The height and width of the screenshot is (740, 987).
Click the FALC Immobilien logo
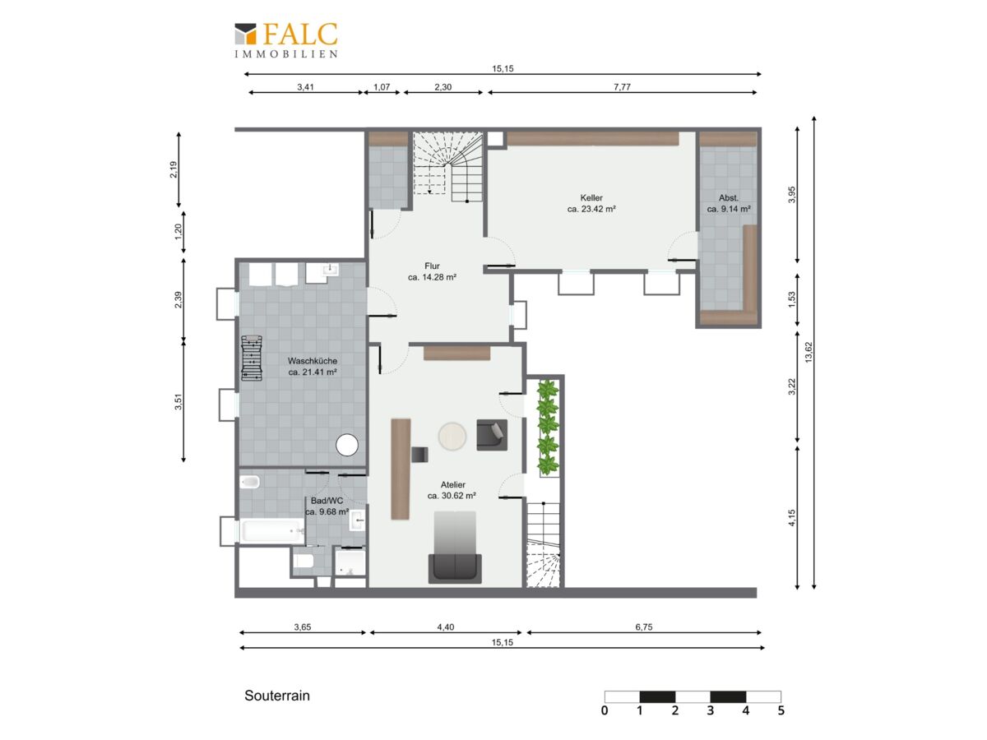[x=285, y=40]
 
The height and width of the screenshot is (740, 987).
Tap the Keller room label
[x=591, y=203]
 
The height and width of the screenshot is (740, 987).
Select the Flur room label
[x=432, y=271]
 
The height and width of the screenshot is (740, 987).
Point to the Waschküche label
[x=312, y=366]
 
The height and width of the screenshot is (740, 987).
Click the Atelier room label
[x=452, y=490]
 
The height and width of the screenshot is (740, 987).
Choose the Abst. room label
[x=729, y=203]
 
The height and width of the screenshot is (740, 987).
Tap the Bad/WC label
[x=327, y=506]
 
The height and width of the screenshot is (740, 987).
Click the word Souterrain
[x=277, y=696]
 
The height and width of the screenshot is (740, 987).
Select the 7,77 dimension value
[x=622, y=86]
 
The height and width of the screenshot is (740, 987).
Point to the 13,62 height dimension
[x=809, y=352]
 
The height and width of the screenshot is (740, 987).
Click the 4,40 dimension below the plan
[x=445, y=627]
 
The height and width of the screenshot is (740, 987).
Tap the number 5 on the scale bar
[x=781, y=710]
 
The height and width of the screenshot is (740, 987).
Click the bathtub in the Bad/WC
[x=273, y=530]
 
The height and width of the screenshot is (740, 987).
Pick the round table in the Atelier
[x=452, y=436]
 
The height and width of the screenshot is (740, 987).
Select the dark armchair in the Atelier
[x=492, y=434]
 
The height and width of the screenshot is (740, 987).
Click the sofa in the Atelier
[x=455, y=568]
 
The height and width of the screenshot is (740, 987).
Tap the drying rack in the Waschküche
[x=252, y=358]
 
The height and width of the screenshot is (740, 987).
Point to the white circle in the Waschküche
[x=347, y=446]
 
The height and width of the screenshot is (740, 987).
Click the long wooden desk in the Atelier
[x=401, y=469]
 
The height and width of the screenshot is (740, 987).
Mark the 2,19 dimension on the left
[x=174, y=169]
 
